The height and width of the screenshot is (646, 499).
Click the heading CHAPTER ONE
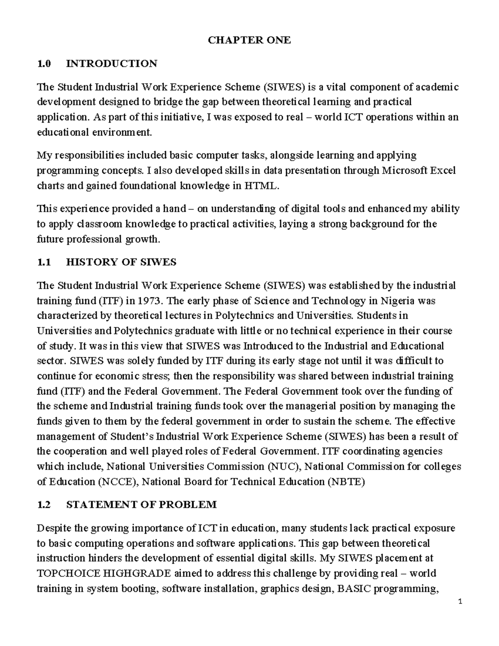pyautogui.click(x=249, y=40)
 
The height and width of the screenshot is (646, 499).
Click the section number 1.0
pyautogui.click(x=44, y=64)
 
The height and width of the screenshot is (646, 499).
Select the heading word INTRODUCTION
pyautogui.click(x=111, y=64)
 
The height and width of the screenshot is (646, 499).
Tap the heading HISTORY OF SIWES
pyautogui.click(x=121, y=262)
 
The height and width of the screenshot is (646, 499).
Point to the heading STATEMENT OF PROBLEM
pyautogui.click(x=141, y=505)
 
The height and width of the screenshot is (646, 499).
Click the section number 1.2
pyautogui.click(x=44, y=505)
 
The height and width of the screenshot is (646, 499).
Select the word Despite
pyautogui.click(x=54, y=528)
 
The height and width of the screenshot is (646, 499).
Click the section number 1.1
pyautogui.click(x=44, y=262)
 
